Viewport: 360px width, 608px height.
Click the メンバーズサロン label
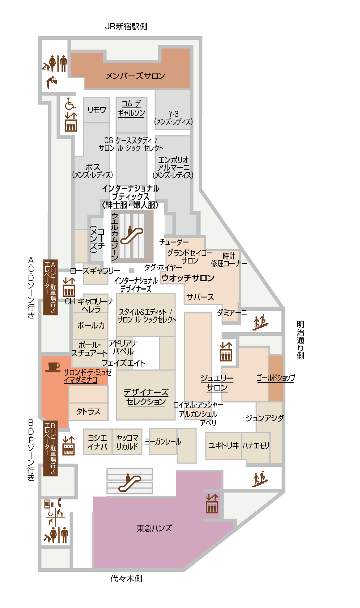pyautogui.click(x=135, y=76)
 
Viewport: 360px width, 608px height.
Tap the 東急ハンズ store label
pyautogui.click(x=154, y=528)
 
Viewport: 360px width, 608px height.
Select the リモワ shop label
pyautogui.click(x=97, y=110)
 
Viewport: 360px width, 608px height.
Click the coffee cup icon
pyautogui.click(x=52, y=367)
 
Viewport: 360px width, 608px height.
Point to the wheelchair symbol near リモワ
pyautogui.click(x=70, y=104)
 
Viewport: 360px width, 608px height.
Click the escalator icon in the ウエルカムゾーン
pyautogui.click(x=132, y=235)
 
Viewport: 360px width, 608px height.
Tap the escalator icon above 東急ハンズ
pyautogui.click(x=130, y=482)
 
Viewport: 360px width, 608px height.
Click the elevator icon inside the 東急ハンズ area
pyautogui.click(x=212, y=503)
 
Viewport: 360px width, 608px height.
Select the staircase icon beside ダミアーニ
pyautogui.click(x=260, y=322)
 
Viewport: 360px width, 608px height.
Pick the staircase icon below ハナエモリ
pyautogui.click(x=260, y=479)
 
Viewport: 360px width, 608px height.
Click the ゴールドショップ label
pyautogui.click(x=276, y=377)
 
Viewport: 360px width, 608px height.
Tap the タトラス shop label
pyautogui.click(x=88, y=411)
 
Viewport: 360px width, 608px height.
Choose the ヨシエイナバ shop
pyautogui.click(x=97, y=442)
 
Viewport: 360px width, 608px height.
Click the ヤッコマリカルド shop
pyautogui.click(x=127, y=442)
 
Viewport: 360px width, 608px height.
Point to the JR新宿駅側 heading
pyautogui.click(x=126, y=26)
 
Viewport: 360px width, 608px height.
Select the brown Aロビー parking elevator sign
pyautogui.click(x=50, y=287)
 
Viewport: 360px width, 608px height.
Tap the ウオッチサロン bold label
pyautogui.click(x=188, y=278)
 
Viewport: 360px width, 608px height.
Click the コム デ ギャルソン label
pyautogui.click(x=131, y=108)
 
